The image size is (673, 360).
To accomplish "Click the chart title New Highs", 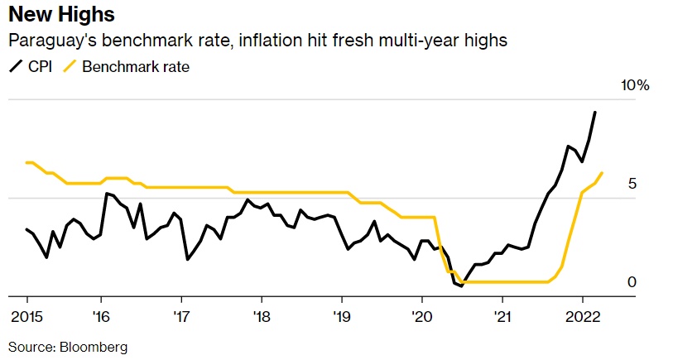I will pos(61,15).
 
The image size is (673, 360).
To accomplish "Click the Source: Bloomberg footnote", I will pos(68,347).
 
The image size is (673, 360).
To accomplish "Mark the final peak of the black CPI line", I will pos(595,113).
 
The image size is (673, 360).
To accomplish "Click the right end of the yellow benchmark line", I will pos(602,173).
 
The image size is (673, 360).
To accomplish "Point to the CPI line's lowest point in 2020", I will pos(461,286).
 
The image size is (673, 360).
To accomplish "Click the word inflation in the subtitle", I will pos(275,41).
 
